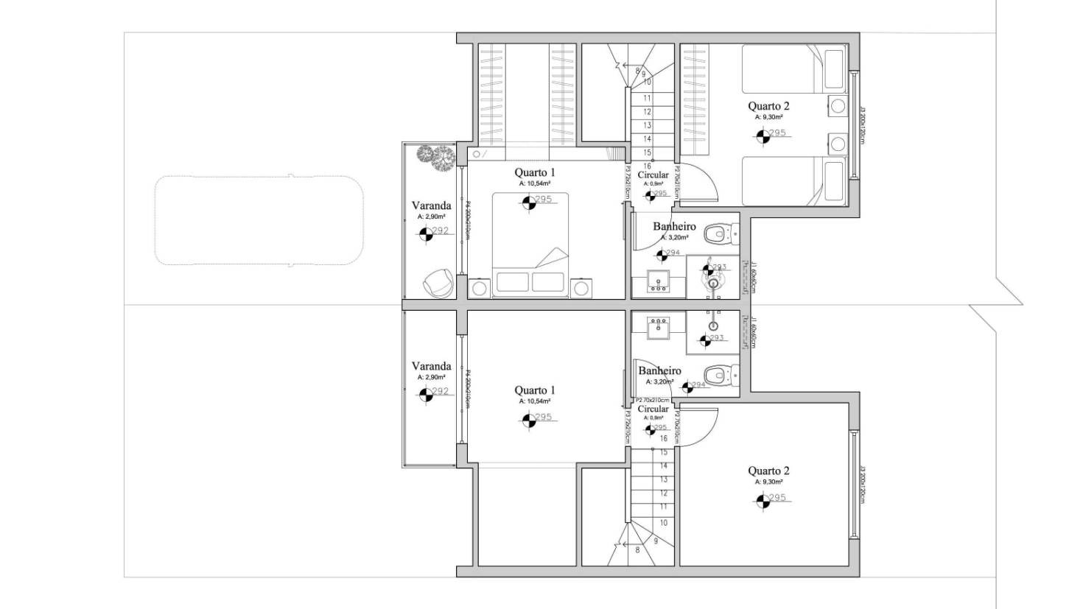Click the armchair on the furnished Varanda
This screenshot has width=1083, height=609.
439,283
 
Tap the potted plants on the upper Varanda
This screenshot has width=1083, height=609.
435,158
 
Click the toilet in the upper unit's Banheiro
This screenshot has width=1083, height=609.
719,235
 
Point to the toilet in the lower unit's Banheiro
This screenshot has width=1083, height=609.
719,375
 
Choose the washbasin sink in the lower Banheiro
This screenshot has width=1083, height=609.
658,327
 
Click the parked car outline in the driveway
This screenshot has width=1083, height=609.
259,220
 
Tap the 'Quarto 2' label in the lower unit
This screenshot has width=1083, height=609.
768,471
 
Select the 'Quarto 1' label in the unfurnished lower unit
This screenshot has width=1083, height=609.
535,390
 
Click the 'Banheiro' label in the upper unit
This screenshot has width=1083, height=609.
674,226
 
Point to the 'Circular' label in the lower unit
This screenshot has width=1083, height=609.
653,409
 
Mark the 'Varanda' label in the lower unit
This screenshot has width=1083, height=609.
431,366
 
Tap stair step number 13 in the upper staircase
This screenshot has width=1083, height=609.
647,125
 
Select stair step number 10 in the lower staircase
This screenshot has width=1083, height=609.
664,523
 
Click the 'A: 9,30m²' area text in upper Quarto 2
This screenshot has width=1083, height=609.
768,117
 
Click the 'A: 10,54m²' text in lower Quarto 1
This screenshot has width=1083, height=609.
535,401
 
